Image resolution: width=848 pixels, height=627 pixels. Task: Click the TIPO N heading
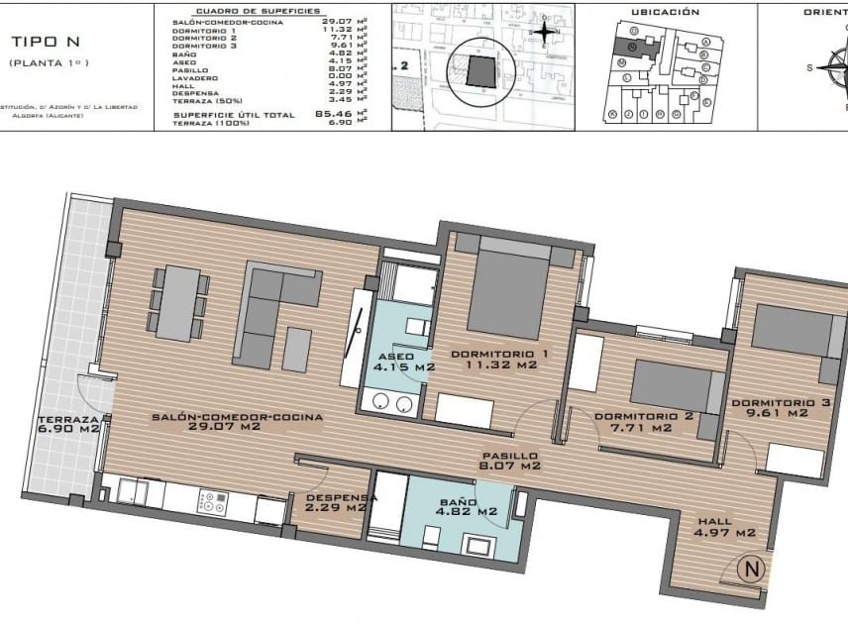(x=48, y=42)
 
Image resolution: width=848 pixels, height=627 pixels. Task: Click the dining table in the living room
(x=179, y=304)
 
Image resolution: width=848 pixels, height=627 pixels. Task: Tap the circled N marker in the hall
(x=752, y=570)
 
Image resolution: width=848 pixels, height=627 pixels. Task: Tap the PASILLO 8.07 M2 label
(x=509, y=461)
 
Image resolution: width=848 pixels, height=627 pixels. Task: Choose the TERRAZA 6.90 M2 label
(x=67, y=423)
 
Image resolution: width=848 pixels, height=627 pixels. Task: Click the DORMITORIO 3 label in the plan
(x=780, y=407)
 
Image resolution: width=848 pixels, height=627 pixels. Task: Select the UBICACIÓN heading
(x=665, y=12)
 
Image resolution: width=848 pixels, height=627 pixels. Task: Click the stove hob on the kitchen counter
(x=211, y=503)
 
